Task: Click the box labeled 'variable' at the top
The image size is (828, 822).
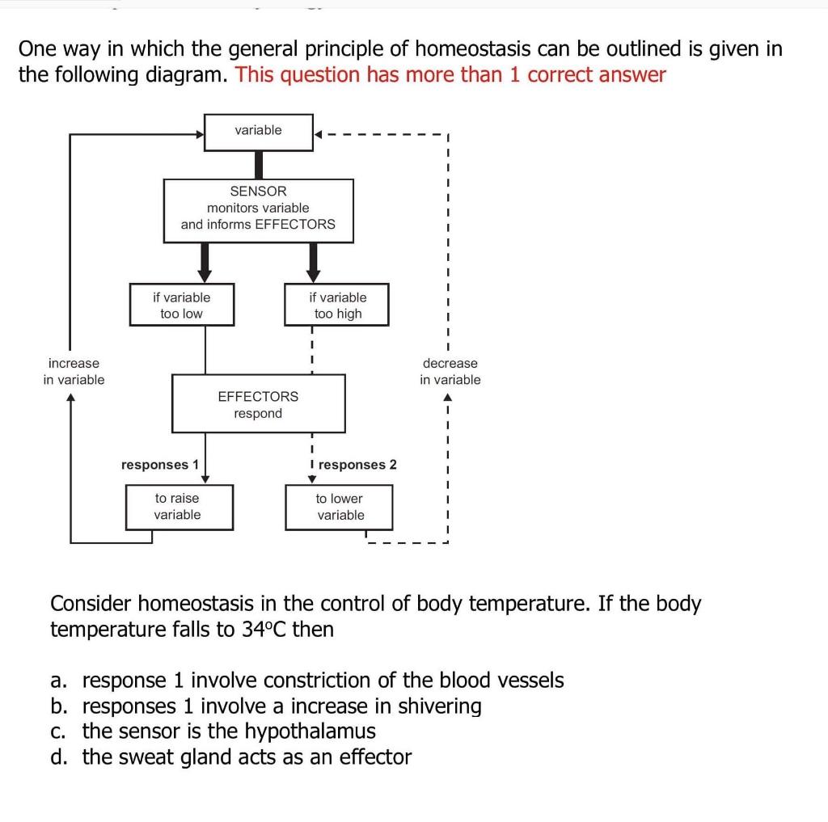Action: click(258, 131)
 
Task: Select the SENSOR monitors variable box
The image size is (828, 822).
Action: click(258, 209)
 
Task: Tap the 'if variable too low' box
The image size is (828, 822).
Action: click(182, 305)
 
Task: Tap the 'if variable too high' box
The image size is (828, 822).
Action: click(337, 305)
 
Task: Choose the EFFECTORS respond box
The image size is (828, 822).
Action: click(258, 404)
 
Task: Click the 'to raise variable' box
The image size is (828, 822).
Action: click(178, 506)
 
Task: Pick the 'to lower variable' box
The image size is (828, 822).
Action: click(340, 506)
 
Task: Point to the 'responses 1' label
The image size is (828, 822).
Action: click(159, 465)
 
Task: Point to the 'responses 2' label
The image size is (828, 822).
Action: click(357, 465)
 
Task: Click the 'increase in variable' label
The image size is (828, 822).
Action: click(74, 371)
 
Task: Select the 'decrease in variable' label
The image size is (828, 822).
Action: click(450, 371)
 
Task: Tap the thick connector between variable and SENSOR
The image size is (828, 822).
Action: click(259, 165)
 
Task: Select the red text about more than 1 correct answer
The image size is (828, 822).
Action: click(450, 75)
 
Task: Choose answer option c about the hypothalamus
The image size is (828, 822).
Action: click(229, 731)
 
